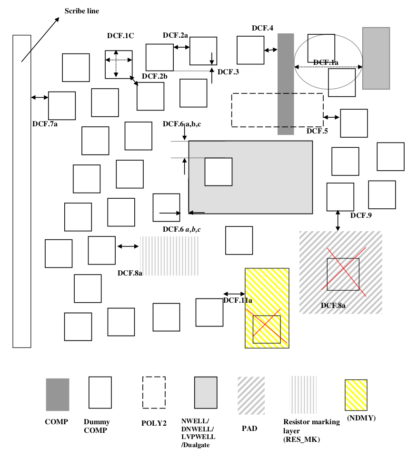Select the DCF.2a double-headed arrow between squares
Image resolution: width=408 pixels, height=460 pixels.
click(x=181, y=47)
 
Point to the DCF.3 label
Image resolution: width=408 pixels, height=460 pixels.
click(x=228, y=72)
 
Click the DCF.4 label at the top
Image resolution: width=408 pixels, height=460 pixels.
click(x=262, y=28)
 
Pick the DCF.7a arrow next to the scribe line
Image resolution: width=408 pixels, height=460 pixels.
click(x=40, y=97)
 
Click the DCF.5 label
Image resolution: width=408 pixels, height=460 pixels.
click(x=317, y=131)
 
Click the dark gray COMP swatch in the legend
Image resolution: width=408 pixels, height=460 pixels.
click(x=58, y=394)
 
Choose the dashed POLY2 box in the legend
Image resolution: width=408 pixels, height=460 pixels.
click(x=154, y=392)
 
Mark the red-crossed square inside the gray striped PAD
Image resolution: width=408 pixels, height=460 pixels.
click(x=343, y=274)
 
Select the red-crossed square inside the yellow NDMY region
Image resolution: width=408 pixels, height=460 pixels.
click(x=267, y=329)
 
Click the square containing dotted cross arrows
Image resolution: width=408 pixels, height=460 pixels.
click(x=119, y=64)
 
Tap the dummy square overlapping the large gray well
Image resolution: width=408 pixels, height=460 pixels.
click(x=219, y=172)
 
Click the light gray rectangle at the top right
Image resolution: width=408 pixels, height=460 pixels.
click(x=376, y=58)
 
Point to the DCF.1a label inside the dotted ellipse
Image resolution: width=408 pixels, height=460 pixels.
click(x=326, y=62)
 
